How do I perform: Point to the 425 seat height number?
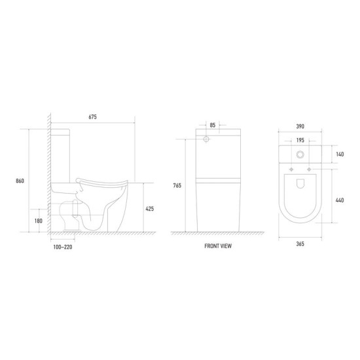click(x=151, y=209)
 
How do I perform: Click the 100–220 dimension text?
click(x=63, y=247)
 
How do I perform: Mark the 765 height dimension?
click(x=176, y=185)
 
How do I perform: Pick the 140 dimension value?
click(x=340, y=155)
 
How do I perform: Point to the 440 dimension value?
click(x=340, y=200)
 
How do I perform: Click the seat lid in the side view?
click(x=105, y=177)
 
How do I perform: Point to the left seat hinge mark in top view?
click(x=289, y=171)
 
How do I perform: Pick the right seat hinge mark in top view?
click(x=313, y=171)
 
